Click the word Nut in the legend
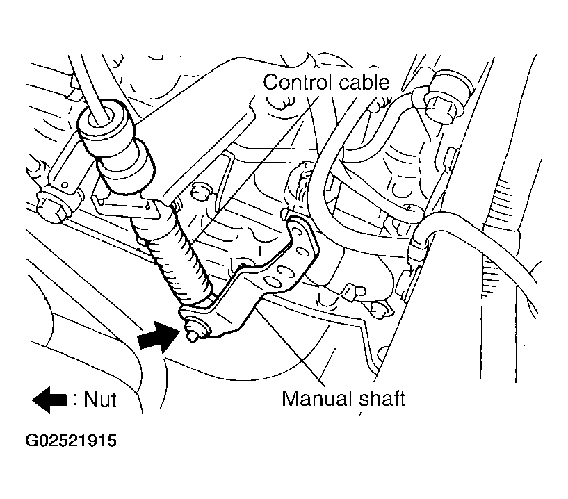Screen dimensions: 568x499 coord(100,400)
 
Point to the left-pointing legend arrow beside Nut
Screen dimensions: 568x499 coord(49,400)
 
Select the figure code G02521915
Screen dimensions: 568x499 coord(71,441)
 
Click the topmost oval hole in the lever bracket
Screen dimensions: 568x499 coord(298,231)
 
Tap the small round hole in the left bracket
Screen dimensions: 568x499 coord(65,186)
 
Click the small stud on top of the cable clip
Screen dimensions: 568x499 coord(177,205)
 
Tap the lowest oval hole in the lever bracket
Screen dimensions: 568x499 coord(270,280)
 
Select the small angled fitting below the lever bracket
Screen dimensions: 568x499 coord(354,292)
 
